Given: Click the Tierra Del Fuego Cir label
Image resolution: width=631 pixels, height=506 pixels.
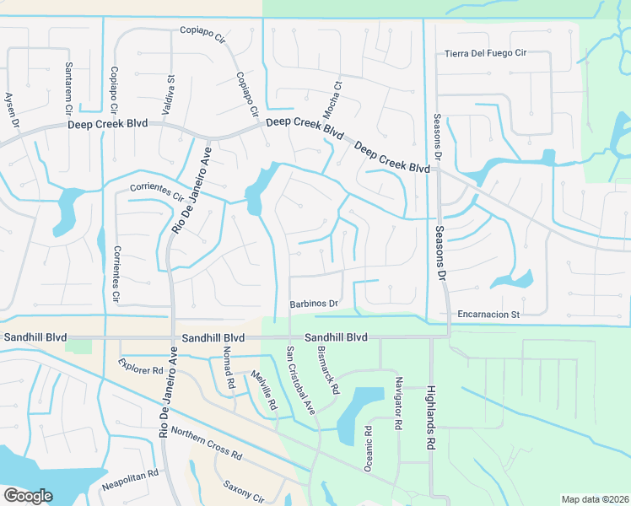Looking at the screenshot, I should coord(485,54).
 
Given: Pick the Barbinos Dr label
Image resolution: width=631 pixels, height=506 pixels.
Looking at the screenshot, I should coord(314,303).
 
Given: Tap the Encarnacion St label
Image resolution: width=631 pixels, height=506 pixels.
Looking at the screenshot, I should coord(488,315).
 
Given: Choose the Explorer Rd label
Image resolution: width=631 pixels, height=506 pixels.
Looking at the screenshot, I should coord(140,369).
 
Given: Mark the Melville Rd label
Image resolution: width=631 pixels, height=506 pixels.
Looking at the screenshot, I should coord(262,390).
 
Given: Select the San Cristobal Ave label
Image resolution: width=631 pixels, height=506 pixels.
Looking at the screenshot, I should coord(299,381).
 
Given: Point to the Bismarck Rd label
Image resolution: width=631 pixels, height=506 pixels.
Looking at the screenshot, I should coord(329,372).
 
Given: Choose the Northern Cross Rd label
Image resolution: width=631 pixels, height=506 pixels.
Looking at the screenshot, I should coord(206,443).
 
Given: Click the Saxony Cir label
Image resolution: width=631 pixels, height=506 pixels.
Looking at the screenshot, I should coord(244,488).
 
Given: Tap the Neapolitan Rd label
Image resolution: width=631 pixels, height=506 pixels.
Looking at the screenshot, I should coord(131,475).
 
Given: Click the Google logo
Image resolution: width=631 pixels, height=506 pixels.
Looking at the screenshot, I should coord(28,496).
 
